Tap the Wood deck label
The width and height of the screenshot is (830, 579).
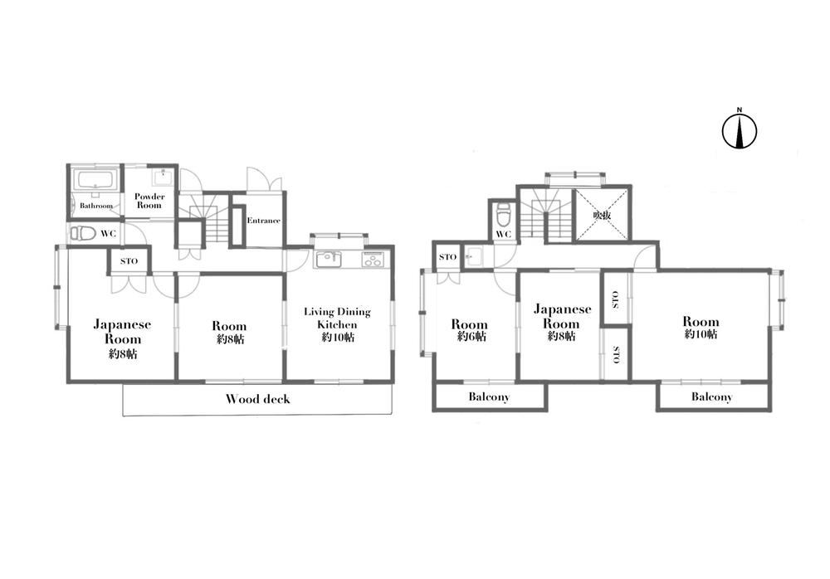pos(258,399)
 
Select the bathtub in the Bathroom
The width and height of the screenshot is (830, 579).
pos(95,180)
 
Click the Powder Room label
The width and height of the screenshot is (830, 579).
pos(149,201)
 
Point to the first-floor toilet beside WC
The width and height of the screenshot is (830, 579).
pos(82,232)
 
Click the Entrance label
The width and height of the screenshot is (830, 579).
pos(264,220)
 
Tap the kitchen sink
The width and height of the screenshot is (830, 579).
pos(329,260)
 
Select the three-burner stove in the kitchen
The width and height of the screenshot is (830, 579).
pos(375,259)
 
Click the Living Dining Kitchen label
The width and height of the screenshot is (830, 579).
pos(337,318)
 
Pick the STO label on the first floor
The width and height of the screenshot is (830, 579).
pos(129,261)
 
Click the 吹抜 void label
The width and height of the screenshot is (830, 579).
pos(602,215)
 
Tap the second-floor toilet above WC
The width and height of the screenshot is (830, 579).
pos(503,214)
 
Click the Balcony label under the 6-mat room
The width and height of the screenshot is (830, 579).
pos(489,397)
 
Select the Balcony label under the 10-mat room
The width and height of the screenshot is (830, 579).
pos(711,397)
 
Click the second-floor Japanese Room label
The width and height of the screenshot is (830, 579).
pos(562,316)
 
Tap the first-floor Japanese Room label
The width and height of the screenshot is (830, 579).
pos(122,331)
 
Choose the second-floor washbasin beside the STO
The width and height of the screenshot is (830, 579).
pos(473,257)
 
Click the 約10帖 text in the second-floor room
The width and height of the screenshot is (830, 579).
pos(701,334)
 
